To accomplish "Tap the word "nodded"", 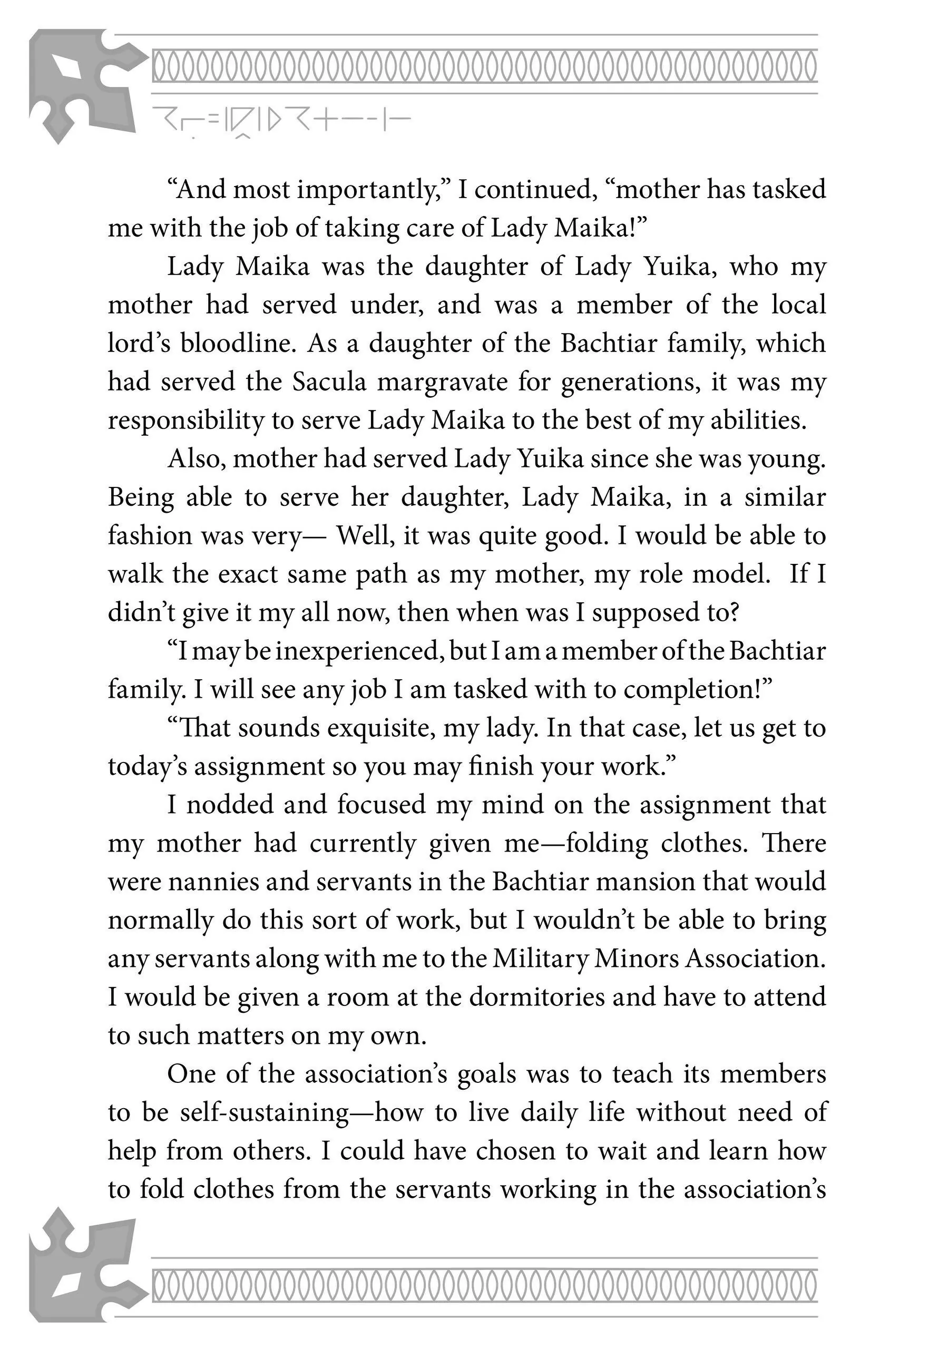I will click(x=230, y=804).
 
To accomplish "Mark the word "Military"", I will click(x=540, y=959).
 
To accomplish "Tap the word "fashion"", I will click(x=150, y=536).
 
